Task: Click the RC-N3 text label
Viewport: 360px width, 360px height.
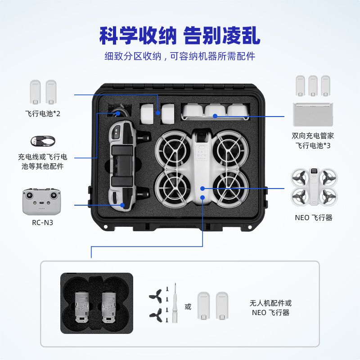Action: [42, 222]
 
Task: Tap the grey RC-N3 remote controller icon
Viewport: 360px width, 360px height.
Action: [41, 202]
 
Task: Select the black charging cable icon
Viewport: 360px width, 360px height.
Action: [43, 141]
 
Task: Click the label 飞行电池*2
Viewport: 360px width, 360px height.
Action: [43, 113]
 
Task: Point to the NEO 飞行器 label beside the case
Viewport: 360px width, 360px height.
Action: [314, 218]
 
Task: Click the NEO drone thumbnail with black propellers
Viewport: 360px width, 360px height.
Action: [314, 187]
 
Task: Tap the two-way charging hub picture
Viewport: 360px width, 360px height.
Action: [313, 114]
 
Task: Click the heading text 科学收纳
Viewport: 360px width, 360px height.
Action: [138, 36]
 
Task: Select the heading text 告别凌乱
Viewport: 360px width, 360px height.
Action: [222, 36]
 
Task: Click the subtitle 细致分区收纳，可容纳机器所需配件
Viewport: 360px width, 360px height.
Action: [180, 56]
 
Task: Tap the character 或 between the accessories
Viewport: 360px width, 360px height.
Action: [188, 306]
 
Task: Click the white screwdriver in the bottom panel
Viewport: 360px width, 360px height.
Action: [175, 303]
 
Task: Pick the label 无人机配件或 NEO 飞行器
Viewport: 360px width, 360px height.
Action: [271, 308]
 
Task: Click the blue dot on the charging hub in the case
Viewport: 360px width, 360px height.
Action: [215, 116]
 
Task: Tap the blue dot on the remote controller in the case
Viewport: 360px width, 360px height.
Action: [122, 205]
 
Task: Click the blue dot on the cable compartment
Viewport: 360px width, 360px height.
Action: [118, 113]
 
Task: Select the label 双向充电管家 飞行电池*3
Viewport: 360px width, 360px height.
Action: [313, 140]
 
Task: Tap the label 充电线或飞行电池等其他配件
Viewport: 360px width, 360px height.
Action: [43, 162]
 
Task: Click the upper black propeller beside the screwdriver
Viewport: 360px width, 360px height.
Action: [155, 296]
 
